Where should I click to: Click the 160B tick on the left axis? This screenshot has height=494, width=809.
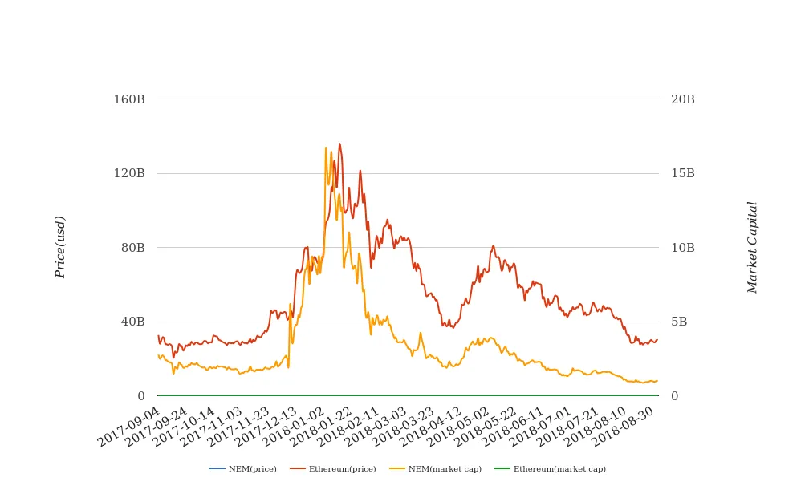click(129, 99)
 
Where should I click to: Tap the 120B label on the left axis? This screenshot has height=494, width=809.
click(129, 173)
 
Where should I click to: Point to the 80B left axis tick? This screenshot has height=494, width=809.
click(132, 248)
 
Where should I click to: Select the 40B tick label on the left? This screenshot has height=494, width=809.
click(132, 322)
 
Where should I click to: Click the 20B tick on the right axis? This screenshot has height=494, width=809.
click(683, 99)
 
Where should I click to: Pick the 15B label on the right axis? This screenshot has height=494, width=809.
click(683, 173)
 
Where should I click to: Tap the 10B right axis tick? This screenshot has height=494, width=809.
click(683, 248)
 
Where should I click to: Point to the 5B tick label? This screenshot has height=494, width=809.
click(679, 322)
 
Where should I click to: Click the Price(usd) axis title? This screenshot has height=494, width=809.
click(60, 247)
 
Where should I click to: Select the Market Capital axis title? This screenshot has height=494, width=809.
click(753, 247)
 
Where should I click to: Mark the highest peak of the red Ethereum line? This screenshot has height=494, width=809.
click(339, 144)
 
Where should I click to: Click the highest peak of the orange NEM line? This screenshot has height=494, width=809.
click(326, 148)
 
